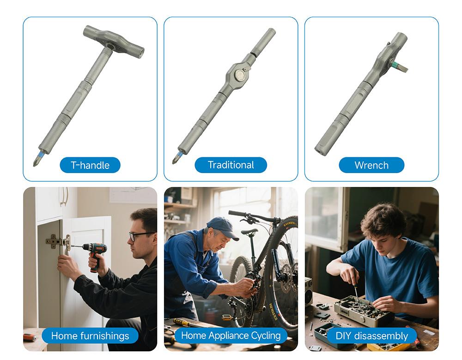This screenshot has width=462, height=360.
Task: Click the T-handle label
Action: click(x=90, y=165)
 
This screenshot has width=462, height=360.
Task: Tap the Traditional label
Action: click(x=231, y=165)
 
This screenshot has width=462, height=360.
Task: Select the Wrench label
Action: click(x=371, y=165)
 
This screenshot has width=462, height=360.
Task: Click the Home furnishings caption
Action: click(x=90, y=336)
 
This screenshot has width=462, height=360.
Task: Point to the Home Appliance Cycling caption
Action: click(x=231, y=336)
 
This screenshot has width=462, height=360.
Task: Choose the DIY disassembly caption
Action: click(x=371, y=336)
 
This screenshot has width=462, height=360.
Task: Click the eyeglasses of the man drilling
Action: click(x=141, y=235)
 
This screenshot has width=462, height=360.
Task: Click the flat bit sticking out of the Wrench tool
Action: click(x=401, y=67)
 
